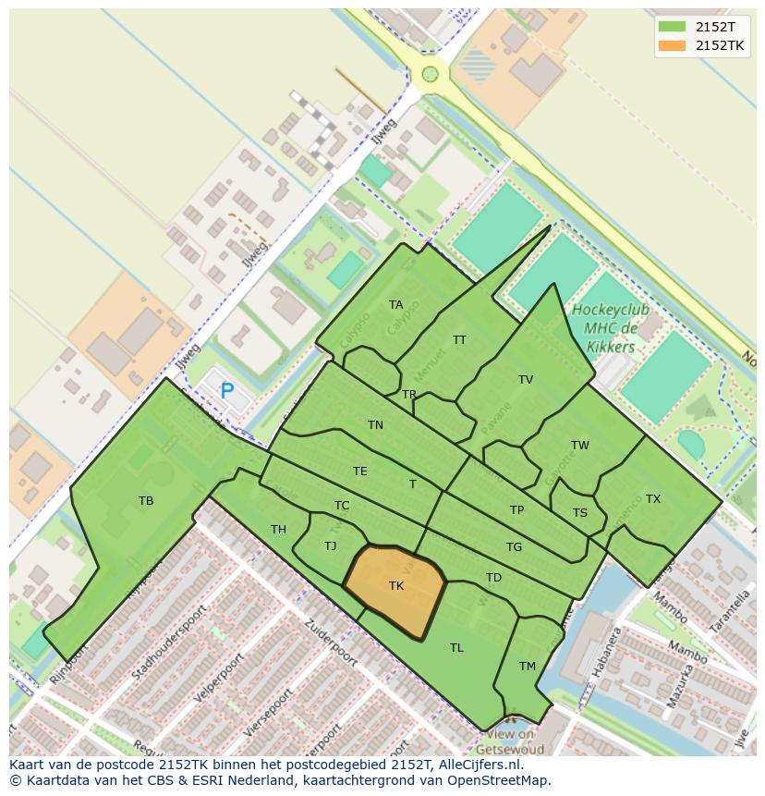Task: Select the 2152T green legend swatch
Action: (672, 27)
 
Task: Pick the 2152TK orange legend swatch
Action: (672, 45)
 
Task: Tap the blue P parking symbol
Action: (227, 391)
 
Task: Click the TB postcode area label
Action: (146, 501)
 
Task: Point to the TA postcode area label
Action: (395, 305)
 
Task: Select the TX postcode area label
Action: (653, 499)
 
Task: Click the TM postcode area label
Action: (527, 667)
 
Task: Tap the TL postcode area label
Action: (456, 648)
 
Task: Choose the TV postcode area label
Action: (526, 380)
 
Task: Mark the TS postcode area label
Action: (579, 513)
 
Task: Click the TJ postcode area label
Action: (330, 546)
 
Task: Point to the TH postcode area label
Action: (278, 530)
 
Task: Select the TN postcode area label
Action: (375, 425)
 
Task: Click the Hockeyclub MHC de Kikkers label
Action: (610, 328)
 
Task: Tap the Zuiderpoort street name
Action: (330, 643)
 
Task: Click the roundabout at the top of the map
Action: (430, 74)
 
